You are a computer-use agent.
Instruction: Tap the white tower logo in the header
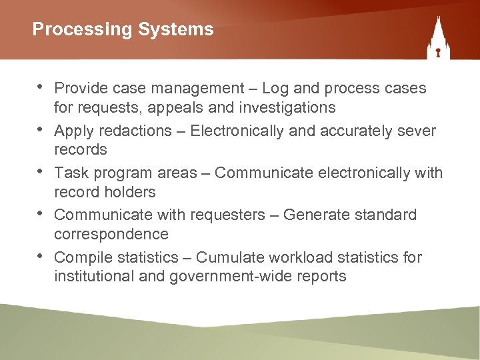click(x=438, y=39)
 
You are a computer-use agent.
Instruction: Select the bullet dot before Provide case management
click(x=41, y=87)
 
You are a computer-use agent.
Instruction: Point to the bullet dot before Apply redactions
click(x=41, y=129)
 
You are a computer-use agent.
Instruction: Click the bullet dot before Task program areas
click(x=41, y=172)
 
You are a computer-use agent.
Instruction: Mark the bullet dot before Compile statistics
click(x=41, y=257)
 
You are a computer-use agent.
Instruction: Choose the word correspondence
click(x=111, y=234)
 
